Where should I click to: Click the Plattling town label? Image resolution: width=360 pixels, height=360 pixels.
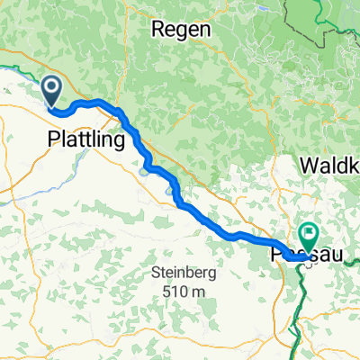click(x=85, y=140)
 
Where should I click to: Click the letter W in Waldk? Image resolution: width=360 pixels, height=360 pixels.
click(x=306, y=166)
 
